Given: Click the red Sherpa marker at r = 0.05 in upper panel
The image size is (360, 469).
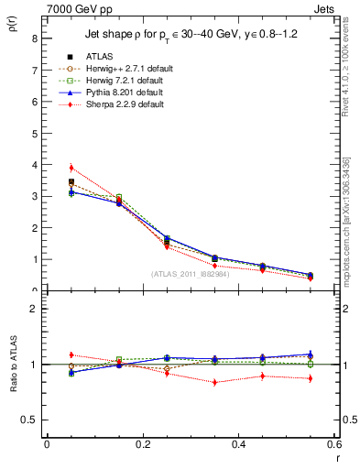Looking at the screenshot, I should point(71,168).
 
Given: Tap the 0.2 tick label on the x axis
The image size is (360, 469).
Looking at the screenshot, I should point(142,444).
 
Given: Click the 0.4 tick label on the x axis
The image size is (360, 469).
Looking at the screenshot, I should point(238,444).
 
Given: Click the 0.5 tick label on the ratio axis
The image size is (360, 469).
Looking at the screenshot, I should point(29,420).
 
